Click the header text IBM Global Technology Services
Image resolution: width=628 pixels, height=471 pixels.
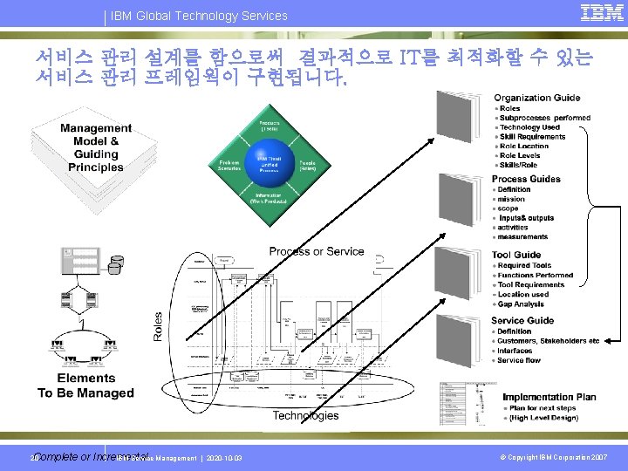pos(199,16)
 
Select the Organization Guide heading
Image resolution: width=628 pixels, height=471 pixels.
pos(536,98)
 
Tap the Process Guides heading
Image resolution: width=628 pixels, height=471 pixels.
pos(526,179)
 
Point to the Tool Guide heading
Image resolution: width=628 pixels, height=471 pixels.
pos(516,256)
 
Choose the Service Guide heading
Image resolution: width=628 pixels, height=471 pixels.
pos(522,320)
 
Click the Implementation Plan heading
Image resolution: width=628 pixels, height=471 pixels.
pos(549,397)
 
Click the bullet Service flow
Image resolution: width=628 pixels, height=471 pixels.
pos(520,360)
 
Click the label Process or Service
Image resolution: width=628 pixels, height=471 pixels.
pos(317,251)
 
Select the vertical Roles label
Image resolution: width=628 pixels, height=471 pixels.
pos(159,327)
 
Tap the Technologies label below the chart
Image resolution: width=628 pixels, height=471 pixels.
pos(305,416)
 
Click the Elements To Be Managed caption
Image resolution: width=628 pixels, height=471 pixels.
pos(85,386)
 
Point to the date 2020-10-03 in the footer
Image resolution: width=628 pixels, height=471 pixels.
pos(226,459)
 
